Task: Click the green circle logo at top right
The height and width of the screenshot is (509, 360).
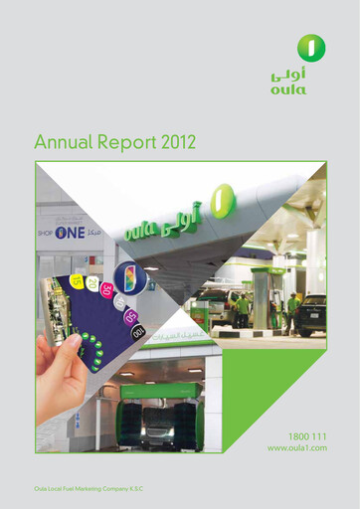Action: (x=311, y=46)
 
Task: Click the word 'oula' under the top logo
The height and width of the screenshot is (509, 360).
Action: (x=288, y=89)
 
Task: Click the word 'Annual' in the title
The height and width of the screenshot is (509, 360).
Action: (x=66, y=143)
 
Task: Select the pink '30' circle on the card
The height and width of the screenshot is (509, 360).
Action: (x=106, y=289)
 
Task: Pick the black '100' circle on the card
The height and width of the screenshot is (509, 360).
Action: (x=138, y=331)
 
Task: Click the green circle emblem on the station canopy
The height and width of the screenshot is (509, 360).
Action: (x=225, y=199)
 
